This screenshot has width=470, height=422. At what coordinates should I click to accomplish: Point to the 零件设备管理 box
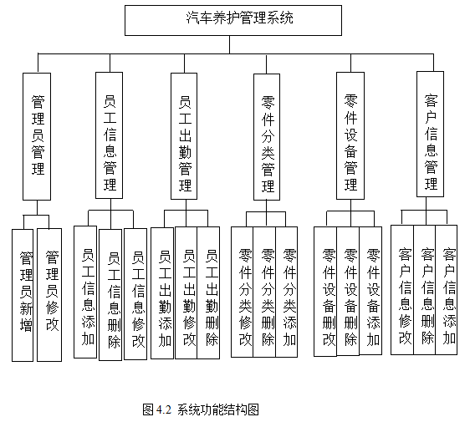[x=350, y=135]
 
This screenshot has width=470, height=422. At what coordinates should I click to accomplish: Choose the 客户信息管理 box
[x=432, y=134]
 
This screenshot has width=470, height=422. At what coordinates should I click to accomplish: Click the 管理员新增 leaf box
[x=25, y=293]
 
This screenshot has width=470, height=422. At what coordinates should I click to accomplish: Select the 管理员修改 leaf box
[x=50, y=293]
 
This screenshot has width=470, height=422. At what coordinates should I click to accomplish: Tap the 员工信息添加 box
[x=86, y=292]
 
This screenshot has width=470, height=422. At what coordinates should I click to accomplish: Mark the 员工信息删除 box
[x=111, y=293]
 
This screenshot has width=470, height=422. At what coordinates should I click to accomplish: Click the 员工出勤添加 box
[x=163, y=292]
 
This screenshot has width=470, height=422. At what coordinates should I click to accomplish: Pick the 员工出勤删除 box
[x=209, y=292]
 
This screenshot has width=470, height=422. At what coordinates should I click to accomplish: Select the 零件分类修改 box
[x=243, y=292]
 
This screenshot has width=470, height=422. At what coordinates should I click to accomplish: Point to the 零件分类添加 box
[x=289, y=292]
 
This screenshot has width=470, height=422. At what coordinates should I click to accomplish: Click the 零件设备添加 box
[x=371, y=292]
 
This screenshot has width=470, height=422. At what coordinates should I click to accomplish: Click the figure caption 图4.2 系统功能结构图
[x=202, y=409]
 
